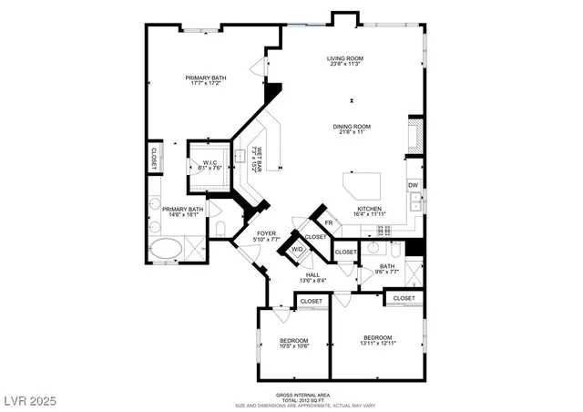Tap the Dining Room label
(x=351, y=129)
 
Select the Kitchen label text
(x=369, y=211)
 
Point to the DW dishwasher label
(x=413, y=186)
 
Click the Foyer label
(x=266, y=236)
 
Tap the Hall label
(x=312, y=277)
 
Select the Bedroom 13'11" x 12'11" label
(x=377, y=340)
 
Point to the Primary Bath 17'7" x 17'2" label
(x=206, y=81)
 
